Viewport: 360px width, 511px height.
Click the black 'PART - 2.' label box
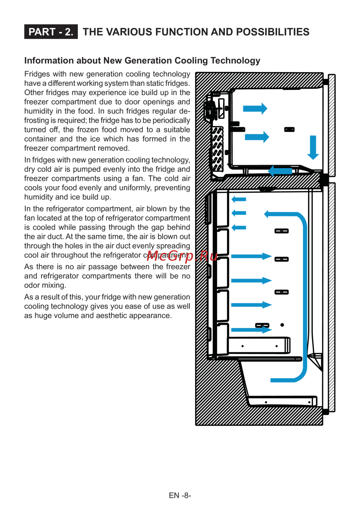point(51,32)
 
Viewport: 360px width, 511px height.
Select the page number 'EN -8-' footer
point(180,495)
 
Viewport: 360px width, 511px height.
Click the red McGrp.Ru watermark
point(182,256)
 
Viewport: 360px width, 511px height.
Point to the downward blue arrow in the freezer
point(313,147)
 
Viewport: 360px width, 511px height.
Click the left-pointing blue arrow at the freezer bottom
point(280,171)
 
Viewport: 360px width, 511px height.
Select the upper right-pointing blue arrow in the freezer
point(255,108)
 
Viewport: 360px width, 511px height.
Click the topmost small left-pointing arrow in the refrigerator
point(239,199)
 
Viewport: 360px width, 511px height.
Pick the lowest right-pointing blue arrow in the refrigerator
point(251,330)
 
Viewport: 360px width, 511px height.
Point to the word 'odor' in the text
point(32,285)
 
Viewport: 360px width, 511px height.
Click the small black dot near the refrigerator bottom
point(282,325)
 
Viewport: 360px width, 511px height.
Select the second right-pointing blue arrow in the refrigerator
point(251,281)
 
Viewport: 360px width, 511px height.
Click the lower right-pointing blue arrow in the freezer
point(257,137)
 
